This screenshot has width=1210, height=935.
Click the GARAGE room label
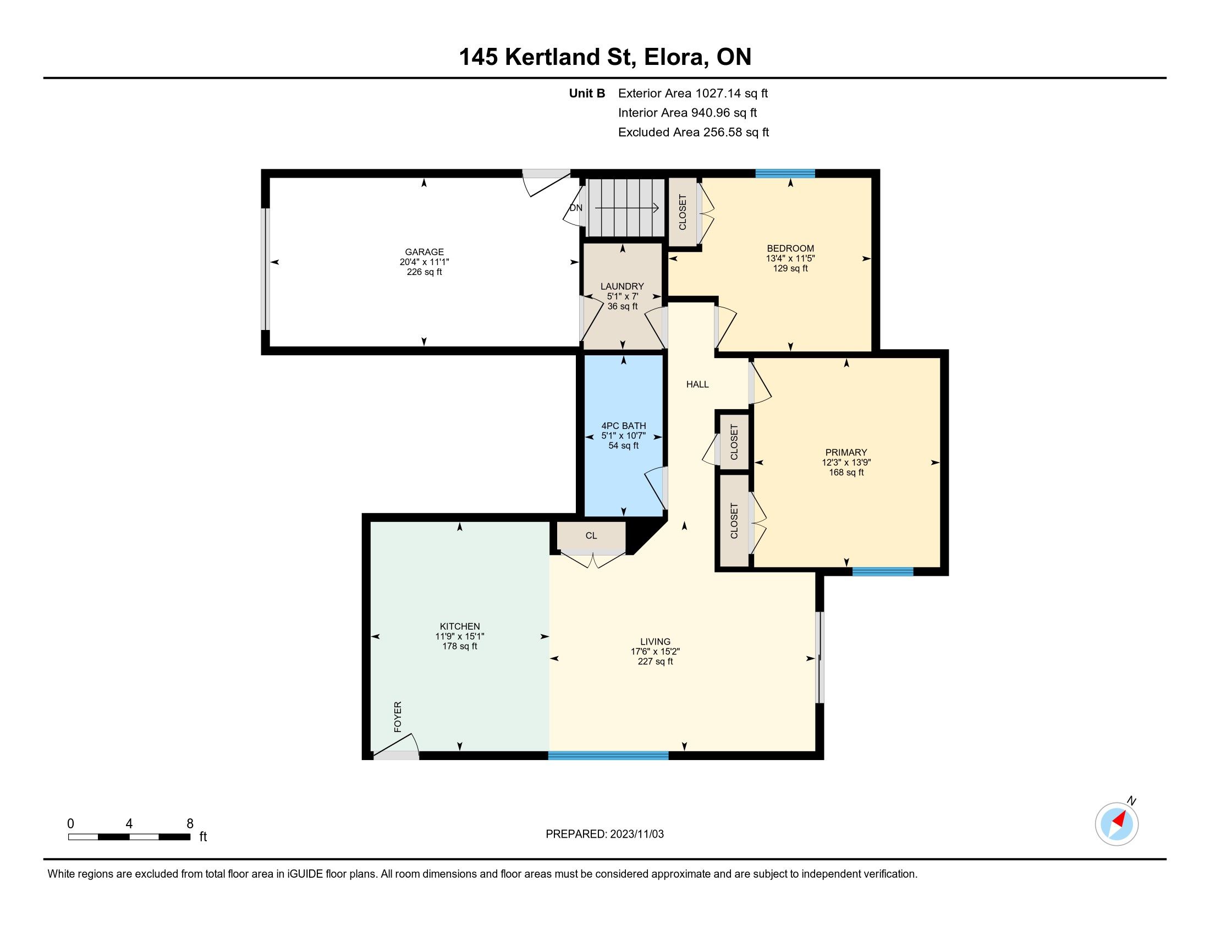click(424, 252)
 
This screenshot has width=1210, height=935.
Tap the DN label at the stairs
click(576, 208)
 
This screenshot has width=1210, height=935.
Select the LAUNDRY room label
click(622, 287)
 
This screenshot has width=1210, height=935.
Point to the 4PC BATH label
click(624, 426)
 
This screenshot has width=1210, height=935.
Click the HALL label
click(697, 384)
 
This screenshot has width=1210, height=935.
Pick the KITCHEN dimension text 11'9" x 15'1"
click(460, 636)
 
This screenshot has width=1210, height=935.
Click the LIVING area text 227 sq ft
click(656, 661)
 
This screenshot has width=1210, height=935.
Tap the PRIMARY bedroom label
click(846, 453)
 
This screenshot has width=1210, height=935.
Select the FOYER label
click(397, 717)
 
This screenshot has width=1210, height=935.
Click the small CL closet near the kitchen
click(591, 536)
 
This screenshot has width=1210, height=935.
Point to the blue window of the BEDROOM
click(785, 173)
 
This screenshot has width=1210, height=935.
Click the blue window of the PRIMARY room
click(883, 571)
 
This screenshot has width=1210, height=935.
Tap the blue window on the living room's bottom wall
click(608, 755)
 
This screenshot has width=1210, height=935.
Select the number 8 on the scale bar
click(190, 823)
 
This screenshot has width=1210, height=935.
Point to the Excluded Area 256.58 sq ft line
click(694, 133)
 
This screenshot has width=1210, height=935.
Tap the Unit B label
click(587, 94)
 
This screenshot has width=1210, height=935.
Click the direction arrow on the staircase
click(626, 208)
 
